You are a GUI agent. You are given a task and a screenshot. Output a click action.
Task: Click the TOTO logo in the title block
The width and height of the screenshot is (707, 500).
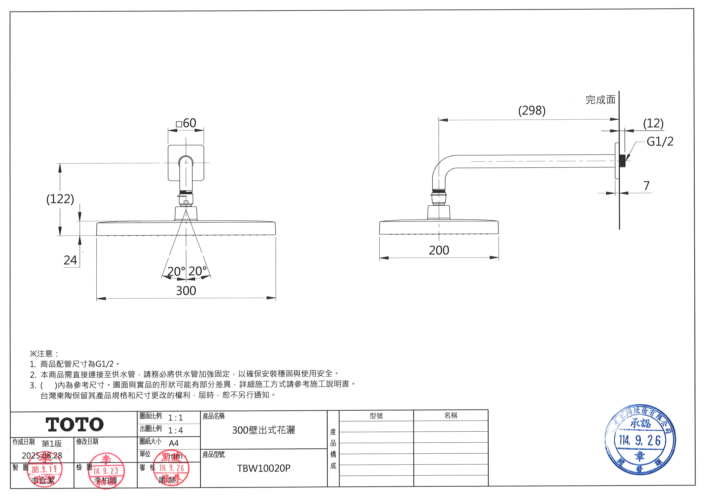point(75,425)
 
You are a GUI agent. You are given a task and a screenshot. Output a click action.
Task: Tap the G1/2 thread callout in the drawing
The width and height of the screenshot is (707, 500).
point(660,142)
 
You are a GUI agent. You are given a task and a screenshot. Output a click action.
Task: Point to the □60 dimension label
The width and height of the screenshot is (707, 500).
point(186,123)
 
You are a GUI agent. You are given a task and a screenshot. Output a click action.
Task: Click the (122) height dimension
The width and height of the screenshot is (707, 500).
point(60,199)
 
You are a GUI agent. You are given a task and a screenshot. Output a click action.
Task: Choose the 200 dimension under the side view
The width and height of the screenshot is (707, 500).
point(439,250)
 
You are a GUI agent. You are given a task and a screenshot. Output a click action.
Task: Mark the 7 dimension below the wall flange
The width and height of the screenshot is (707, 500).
point(646,186)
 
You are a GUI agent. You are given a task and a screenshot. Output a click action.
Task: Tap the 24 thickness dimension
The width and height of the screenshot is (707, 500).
point(70,260)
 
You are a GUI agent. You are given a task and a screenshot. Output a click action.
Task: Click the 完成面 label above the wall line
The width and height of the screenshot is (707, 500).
point(600,100)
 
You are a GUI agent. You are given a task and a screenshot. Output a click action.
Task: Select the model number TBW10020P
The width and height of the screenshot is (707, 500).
point(263,468)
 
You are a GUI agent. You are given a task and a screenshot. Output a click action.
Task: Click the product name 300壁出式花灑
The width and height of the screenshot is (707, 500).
point(263,430)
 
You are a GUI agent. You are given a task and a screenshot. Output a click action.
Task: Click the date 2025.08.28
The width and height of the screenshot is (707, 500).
point(42,455)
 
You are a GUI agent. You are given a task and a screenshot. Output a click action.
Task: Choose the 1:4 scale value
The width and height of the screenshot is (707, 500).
point(176,430)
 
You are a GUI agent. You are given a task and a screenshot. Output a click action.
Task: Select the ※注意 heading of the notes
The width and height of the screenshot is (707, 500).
point(44,353)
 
